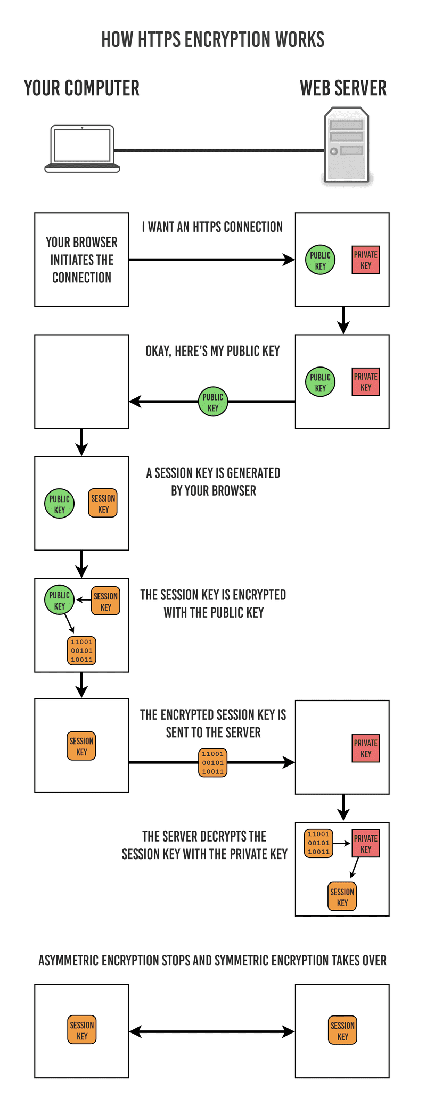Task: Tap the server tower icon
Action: pos(347,145)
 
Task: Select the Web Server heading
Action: pos(343,88)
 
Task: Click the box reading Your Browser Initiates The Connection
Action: pos(81,260)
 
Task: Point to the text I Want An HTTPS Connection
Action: pos(212,227)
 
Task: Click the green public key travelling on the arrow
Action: pos(213,402)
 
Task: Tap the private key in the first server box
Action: pos(366,260)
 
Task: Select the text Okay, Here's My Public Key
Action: pos(212,351)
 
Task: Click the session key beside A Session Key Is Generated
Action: pos(103,503)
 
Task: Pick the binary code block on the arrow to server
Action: pos(213,762)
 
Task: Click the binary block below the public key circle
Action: pos(81,651)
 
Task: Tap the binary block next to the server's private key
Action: pos(318,843)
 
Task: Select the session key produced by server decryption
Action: pos(342,897)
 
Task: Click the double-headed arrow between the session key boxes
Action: pos(212,1031)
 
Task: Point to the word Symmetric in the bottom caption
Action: pos(242,960)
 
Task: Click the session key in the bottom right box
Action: pos(342,1030)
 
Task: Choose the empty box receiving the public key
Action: pos(81,381)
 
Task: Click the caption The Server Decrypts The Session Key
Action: pos(204,845)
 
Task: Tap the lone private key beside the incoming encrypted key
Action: pos(366,748)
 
